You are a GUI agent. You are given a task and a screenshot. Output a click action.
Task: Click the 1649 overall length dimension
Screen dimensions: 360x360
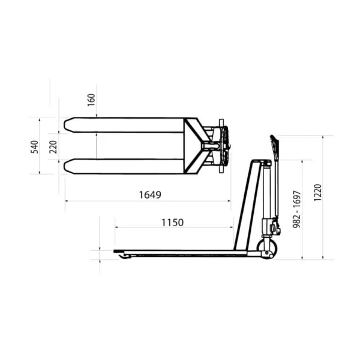click(x=150, y=195)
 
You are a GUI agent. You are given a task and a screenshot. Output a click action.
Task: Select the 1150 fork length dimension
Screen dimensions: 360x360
click(x=172, y=223)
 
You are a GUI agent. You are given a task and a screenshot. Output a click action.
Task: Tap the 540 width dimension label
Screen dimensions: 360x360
click(x=35, y=147)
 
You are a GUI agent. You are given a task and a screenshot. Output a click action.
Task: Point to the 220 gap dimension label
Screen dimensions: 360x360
click(x=53, y=147)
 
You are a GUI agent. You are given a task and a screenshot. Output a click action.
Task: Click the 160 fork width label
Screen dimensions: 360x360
click(x=91, y=100)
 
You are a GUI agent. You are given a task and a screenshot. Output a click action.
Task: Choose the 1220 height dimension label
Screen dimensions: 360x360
click(x=318, y=193)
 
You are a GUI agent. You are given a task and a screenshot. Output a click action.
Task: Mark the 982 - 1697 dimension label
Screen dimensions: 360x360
click(x=296, y=209)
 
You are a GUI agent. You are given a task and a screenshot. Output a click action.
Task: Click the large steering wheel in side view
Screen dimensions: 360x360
click(x=267, y=250)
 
